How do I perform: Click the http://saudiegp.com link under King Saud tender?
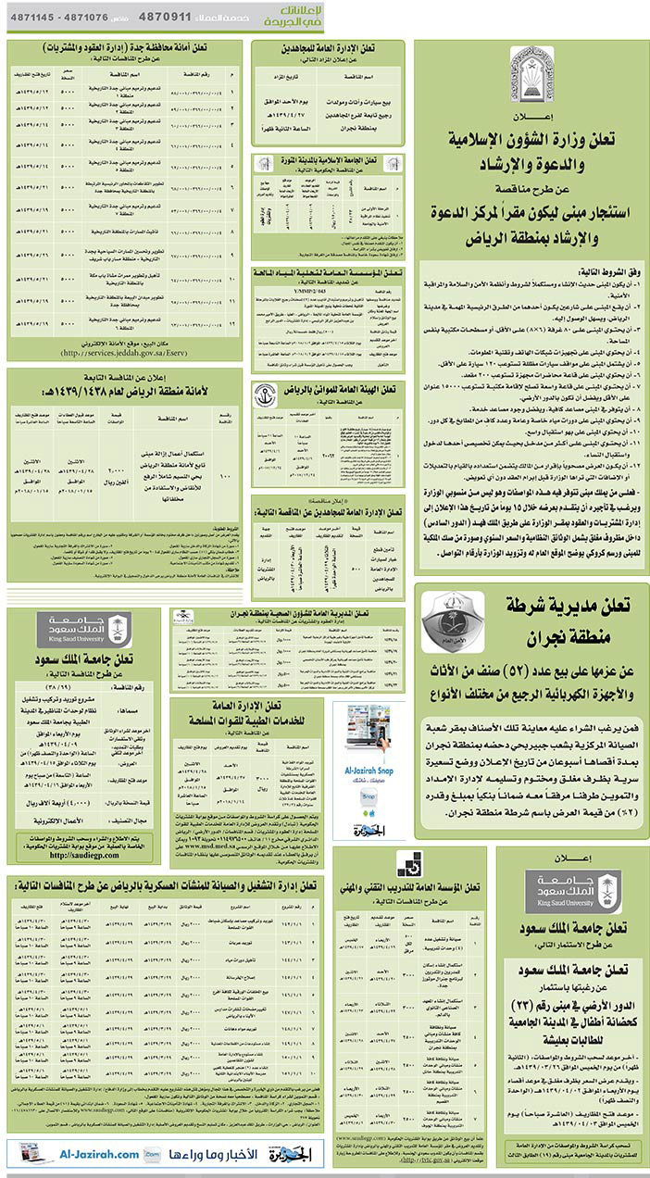click(x=82, y=858)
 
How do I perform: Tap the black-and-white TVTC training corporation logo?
click(x=408, y=863)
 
